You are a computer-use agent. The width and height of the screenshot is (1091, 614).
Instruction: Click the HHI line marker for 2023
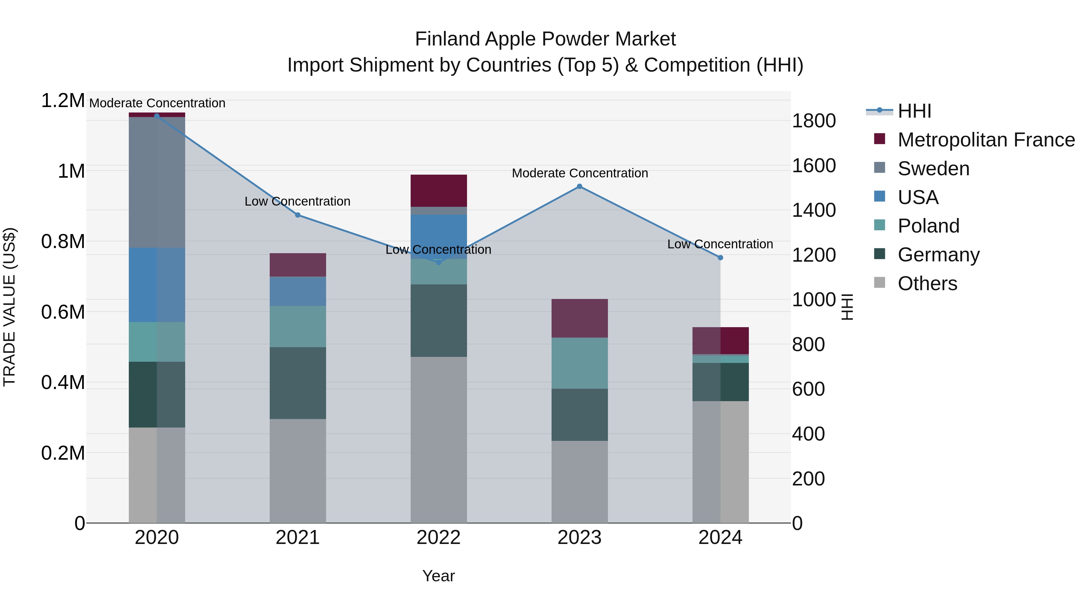pos(579,186)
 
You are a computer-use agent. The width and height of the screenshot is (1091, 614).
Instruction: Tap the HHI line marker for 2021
pos(298,215)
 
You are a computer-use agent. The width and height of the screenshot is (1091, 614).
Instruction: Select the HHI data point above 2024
pos(720,258)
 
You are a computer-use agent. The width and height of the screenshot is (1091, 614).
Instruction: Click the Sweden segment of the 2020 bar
pos(157,182)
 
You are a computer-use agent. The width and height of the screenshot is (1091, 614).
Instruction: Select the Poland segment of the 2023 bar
pos(579,363)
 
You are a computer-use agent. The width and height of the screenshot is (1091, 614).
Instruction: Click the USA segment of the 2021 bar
pos(298,291)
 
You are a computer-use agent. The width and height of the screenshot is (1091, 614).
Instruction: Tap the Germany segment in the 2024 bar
pos(720,382)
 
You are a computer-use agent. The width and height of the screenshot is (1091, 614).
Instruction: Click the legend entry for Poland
pos(928,226)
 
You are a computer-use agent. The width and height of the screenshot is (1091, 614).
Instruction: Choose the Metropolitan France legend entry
pos(986,140)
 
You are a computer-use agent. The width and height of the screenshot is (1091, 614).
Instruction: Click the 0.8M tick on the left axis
pos(63,242)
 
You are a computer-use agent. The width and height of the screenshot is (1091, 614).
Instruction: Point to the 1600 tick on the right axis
pos(814,166)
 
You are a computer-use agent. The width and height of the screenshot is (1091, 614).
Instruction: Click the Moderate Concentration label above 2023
pos(579,173)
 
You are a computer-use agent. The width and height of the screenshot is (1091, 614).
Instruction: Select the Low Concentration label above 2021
pos(298,201)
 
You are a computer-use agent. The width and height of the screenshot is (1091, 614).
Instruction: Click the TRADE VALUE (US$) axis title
pos(10,307)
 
